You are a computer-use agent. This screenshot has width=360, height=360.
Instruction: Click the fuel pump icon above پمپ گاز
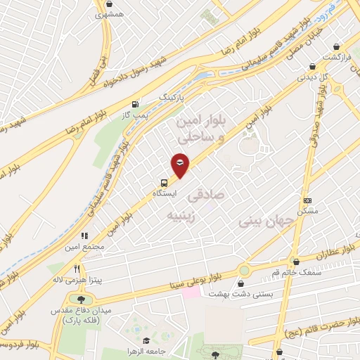pos(144,103)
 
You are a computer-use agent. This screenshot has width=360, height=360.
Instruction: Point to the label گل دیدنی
pos(314,77)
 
